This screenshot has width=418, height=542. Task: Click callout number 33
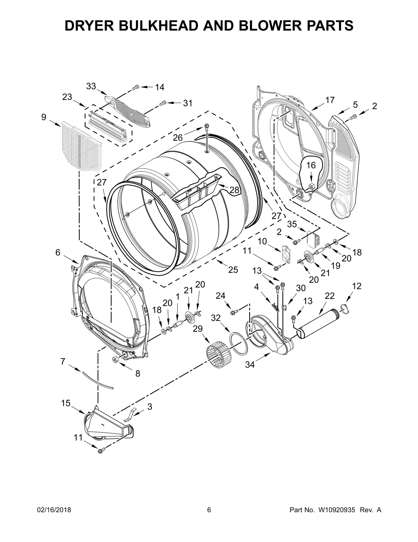[x=91, y=86]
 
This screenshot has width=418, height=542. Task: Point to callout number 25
[x=233, y=270]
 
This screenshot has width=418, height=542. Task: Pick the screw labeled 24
[x=234, y=312]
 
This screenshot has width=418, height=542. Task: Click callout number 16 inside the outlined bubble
[x=311, y=165]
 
